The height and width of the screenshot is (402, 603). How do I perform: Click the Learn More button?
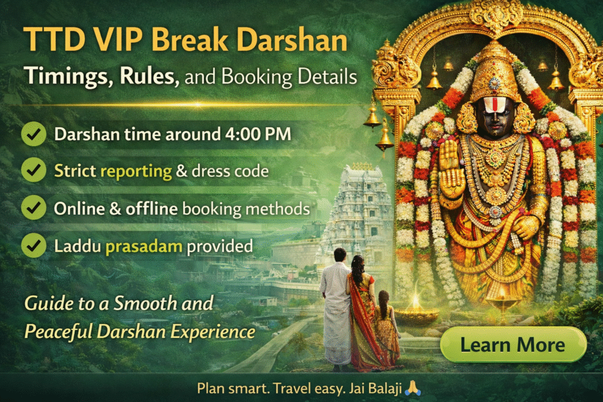(x=513, y=344)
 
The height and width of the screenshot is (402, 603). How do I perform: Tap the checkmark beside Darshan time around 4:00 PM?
(x=34, y=134)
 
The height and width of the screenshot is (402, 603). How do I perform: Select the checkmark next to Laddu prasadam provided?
(x=34, y=245)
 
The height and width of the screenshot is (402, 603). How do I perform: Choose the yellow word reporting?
(x=136, y=171)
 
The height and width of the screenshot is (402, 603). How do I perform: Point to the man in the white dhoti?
(x=336, y=306)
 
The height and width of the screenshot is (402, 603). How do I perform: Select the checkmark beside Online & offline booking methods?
(x=34, y=208)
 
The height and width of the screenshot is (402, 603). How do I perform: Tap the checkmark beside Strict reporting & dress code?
(x=34, y=171)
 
